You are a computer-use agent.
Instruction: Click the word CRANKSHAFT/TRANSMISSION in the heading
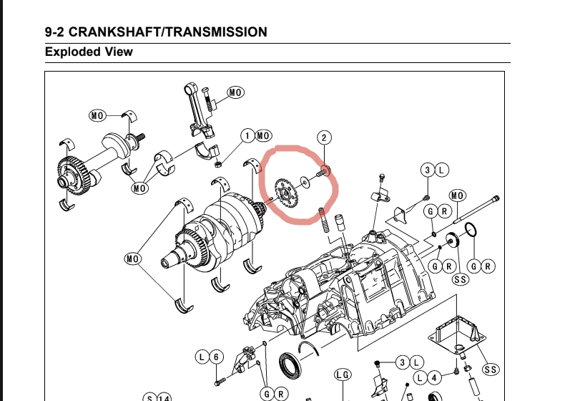pyautogui.click(x=167, y=32)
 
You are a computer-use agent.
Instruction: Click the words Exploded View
pyautogui.click(x=89, y=52)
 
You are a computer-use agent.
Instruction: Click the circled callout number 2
pyautogui.click(x=324, y=137)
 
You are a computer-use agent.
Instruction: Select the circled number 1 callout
pyautogui.click(x=248, y=136)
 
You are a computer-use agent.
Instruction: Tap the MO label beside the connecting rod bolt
pyautogui.click(x=235, y=92)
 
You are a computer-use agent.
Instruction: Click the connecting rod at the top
pyautogui.click(x=197, y=110)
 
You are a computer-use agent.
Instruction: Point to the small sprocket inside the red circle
pyautogui.click(x=286, y=193)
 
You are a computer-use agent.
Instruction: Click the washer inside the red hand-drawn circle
pyautogui.click(x=305, y=181)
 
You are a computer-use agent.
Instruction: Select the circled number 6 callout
pyautogui.click(x=216, y=357)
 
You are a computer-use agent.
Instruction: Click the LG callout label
pyautogui.click(x=343, y=375)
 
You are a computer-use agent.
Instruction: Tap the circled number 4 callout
pyautogui.click(x=434, y=377)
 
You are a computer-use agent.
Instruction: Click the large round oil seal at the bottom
pyautogui.click(x=290, y=364)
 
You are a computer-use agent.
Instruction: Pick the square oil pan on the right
pyautogui.click(x=457, y=334)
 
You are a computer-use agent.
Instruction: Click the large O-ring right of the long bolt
pyautogui.click(x=471, y=231)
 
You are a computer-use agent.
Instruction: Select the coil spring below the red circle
pyautogui.click(x=323, y=220)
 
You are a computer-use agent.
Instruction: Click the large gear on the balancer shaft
pyautogui.click(x=74, y=175)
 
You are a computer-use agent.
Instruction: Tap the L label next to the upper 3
pyautogui.click(x=441, y=170)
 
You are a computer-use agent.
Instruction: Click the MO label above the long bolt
pyautogui.click(x=457, y=195)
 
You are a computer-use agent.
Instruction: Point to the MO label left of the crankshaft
pyautogui.click(x=132, y=259)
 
